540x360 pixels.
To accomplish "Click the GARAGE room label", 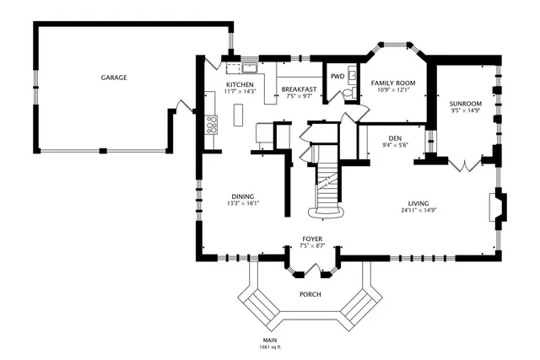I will [114, 78].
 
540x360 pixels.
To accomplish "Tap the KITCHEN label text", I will [239, 85].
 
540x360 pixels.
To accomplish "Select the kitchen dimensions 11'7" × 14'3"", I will [239, 93].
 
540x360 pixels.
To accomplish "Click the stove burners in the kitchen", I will [211, 126].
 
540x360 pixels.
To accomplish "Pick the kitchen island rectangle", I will [239, 113].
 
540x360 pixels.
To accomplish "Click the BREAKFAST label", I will [299, 89].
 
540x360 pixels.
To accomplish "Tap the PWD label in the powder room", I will [337, 76].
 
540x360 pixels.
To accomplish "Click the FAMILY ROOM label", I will [394, 83].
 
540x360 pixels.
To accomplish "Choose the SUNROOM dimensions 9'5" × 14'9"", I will [465, 110].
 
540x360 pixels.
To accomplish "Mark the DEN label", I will [394, 138].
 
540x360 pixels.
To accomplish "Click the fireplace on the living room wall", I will [498, 207].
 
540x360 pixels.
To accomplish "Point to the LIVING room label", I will [418, 203].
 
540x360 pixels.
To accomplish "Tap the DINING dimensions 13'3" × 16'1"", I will [242, 202].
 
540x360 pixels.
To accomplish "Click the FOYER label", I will [311, 239].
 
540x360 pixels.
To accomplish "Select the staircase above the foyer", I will [327, 190].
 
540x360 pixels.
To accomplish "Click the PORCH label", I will [310, 294].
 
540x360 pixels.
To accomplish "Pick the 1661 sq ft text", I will [270, 347].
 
